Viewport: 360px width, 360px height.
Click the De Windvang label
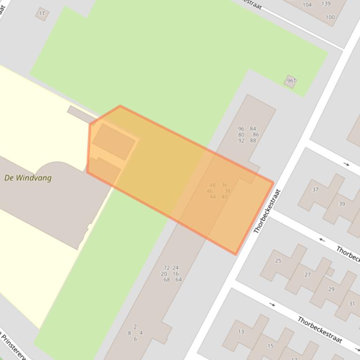28,178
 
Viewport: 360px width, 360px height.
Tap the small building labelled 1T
42,14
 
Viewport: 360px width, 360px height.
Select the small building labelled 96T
291,81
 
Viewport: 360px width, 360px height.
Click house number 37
315,189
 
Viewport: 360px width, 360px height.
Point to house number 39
342,204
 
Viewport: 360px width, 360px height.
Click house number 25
278,260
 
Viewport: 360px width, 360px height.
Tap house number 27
307,274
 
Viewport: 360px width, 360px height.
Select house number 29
331,289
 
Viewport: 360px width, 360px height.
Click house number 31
352,303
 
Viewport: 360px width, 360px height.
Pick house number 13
241,331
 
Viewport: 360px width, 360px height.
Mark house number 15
270,346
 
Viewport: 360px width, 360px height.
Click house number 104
307,5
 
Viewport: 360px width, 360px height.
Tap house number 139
326,4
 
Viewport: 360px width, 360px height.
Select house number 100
330,17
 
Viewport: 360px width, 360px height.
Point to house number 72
166,268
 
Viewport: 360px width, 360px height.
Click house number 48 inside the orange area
213,185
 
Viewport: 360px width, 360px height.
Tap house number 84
253,129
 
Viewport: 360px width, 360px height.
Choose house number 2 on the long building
135,327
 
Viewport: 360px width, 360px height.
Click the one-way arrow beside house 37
346,164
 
